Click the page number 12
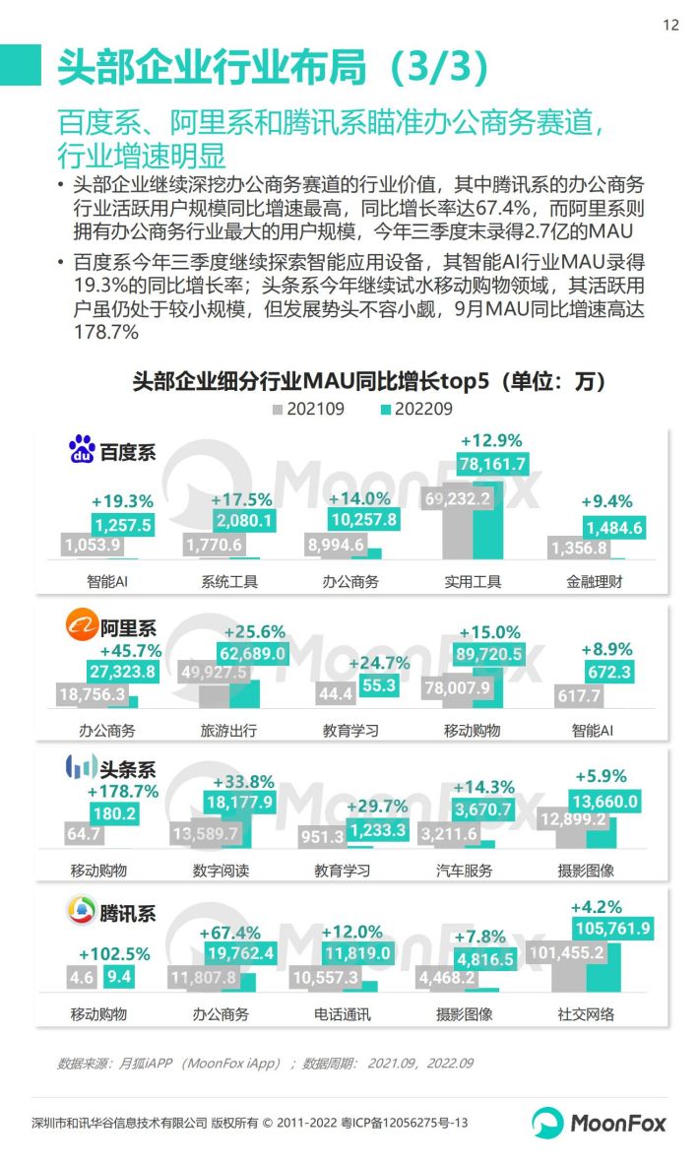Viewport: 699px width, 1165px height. [x=670, y=26]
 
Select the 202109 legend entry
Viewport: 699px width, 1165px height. [x=308, y=409]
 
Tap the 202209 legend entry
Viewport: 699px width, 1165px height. [x=416, y=409]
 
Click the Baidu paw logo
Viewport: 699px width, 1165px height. [x=82, y=451]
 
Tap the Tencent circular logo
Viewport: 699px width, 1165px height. [x=81, y=913]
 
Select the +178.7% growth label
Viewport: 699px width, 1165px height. [x=123, y=791]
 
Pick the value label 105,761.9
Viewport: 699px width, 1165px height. [x=611, y=928]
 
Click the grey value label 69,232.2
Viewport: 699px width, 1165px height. [x=457, y=499]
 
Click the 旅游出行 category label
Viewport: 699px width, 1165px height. [x=229, y=731]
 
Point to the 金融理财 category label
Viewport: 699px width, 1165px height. [x=597, y=581]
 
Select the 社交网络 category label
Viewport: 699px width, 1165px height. [x=586, y=1013]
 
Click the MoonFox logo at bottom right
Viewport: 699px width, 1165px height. [x=600, y=1122]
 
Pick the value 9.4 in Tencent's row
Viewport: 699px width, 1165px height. [x=119, y=977]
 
